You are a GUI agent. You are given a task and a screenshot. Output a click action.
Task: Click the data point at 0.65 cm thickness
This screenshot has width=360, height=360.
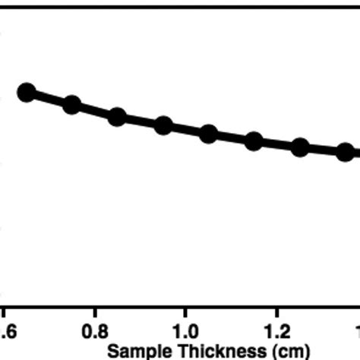(27, 93)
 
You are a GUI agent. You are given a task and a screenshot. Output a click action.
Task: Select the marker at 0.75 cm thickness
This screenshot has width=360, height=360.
(71, 105)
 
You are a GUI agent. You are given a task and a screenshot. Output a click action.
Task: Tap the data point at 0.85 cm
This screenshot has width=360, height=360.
(117, 116)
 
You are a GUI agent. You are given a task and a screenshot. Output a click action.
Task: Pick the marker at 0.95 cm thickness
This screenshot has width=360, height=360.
(163, 125)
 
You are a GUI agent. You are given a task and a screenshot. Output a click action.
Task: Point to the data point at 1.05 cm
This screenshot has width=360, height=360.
(209, 134)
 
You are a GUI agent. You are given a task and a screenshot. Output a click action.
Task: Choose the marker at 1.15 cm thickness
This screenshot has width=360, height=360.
(254, 141)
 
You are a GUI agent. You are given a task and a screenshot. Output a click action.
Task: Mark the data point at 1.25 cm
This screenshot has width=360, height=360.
(300, 147)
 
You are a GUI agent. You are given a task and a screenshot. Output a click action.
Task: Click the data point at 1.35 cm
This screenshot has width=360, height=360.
(346, 152)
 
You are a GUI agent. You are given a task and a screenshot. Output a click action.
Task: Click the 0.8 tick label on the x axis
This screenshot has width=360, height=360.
(95, 332)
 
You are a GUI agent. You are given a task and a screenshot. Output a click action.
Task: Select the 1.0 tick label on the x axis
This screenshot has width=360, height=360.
(186, 332)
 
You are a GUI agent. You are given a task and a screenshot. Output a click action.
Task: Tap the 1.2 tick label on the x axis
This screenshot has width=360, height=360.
(277, 332)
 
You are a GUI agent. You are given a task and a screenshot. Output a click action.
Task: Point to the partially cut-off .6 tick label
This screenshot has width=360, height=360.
(6, 332)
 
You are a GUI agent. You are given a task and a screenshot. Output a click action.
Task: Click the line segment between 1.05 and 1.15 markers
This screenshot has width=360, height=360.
(232, 137)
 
